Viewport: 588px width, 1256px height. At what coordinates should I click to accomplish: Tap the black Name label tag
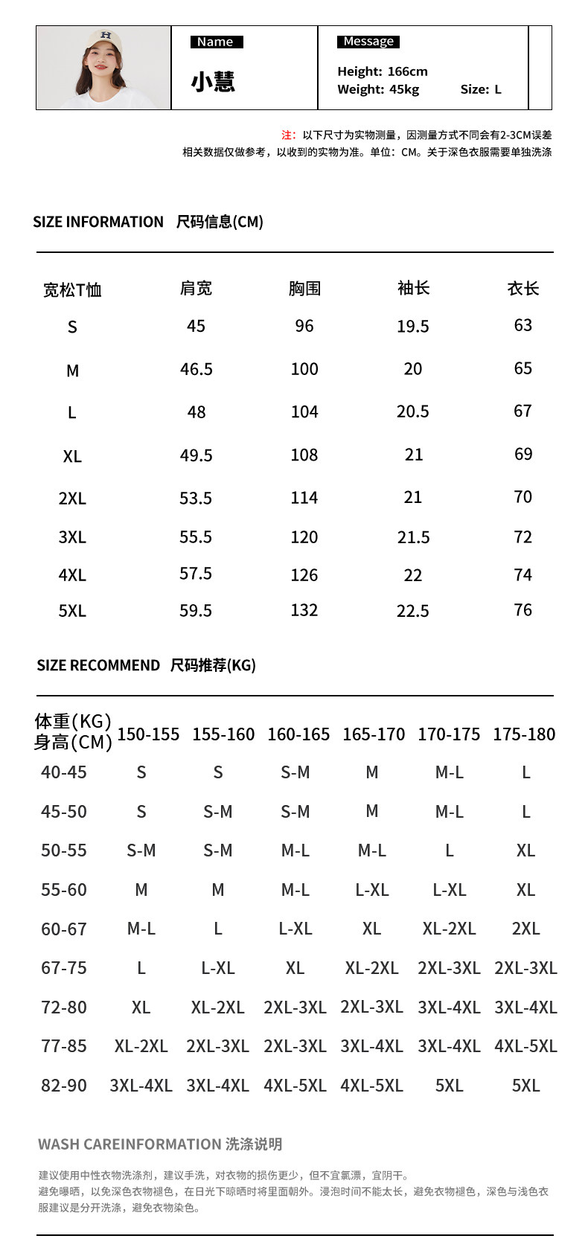pos(216,42)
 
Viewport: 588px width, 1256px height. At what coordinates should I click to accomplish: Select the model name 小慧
pos(213,81)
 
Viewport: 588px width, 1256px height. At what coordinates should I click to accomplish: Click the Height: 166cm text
pos(383,71)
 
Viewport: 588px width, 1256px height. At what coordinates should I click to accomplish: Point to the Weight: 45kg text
pos(378,89)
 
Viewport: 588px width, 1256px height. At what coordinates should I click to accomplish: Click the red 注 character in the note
pos(287,135)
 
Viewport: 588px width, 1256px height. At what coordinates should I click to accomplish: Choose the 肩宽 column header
pos(196,288)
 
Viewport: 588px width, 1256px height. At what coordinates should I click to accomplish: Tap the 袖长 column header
pos(413,288)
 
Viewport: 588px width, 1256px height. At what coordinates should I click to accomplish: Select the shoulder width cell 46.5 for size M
pos(196,369)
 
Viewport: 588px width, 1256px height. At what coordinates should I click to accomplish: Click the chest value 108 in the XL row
pos(304,455)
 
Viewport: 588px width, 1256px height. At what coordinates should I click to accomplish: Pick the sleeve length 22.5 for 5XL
pos(412,611)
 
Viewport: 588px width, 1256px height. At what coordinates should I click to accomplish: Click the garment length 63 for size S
pos(523,325)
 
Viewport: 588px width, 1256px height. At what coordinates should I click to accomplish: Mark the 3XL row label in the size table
pos(72,537)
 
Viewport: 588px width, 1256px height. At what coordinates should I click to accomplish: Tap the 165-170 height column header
pos(373,734)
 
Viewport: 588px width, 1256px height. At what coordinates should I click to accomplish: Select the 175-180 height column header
pos(524,734)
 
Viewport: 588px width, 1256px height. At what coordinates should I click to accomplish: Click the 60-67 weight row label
pos(64,929)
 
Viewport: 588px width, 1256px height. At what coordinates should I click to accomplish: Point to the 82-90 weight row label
pos(64,1086)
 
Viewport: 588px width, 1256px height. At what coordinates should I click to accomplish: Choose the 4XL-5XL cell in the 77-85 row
pos(525,1046)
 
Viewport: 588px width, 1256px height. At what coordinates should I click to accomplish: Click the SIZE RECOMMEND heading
pos(98,665)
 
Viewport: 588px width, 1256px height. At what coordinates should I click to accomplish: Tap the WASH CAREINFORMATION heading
pos(130,1144)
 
